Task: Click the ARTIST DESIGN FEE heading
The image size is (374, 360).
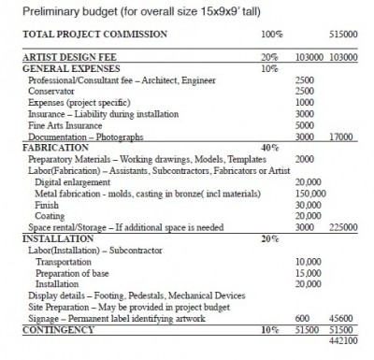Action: [60, 58]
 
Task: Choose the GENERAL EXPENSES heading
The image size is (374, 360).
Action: [60, 69]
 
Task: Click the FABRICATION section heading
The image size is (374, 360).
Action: [46, 147]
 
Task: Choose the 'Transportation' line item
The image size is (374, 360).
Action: [64, 260]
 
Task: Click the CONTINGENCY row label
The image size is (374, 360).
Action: [49, 329]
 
